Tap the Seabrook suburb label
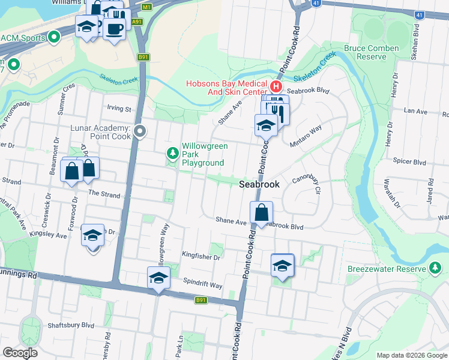click(x=259, y=185)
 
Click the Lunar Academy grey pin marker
click(x=140, y=131)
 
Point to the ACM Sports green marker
click(x=55, y=38)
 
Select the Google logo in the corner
click(x=20, y=353)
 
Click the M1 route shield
click(x=147, y=7)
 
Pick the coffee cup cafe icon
click(x=114, y=28)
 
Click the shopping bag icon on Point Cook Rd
click(x=262, y=212)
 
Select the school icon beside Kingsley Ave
click(x=92, y=235)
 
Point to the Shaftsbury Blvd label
click(x=72, y=325)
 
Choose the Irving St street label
click(x=119, y=109)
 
